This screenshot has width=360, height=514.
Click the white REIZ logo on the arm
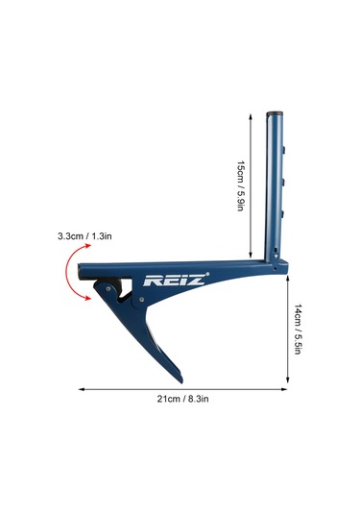[x=175, y=281]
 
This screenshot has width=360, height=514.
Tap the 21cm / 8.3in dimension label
[x=182, y=399]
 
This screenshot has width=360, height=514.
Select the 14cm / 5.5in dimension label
[x=297, y=330]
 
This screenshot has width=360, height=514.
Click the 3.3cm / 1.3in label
[x=84, y=236]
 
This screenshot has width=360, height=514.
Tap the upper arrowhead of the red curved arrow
[x=87, y=246]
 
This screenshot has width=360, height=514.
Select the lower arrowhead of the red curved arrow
[x=87, y=298]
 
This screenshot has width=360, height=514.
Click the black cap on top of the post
[x=275, y=113]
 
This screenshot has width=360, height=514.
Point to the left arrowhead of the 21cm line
[x=82, y=389]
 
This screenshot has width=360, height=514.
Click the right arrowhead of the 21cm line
[x=284, y=389]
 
